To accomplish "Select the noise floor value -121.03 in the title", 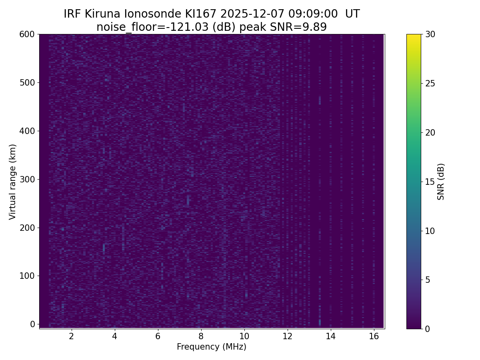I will [x=186, y=27].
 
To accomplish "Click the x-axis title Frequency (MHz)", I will [x=212, y=347].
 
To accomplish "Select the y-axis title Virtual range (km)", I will [x=13, y=182].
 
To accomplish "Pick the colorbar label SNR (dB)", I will [x=441, y=182].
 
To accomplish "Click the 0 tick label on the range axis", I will [x=33, y=324].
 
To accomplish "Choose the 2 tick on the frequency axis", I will [x=72, y=336].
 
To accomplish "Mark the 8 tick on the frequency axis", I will [x=201, y=336].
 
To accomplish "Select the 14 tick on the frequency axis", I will [x=330, y=336].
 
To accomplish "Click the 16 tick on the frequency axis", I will [x=374, y=336].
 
